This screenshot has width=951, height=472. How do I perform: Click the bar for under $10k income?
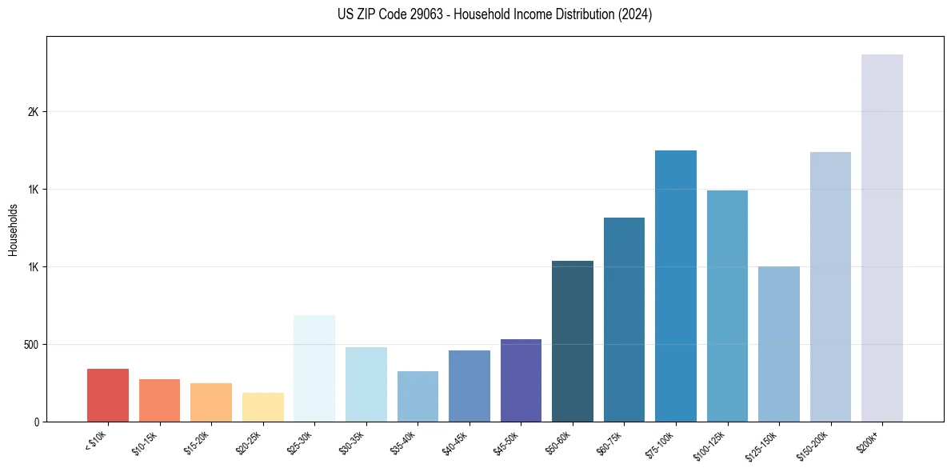108,395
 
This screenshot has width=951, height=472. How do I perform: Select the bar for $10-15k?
159,400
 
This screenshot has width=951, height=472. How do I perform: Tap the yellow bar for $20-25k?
262,407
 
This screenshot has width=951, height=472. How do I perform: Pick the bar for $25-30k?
314,368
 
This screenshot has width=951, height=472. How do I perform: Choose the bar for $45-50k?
521,380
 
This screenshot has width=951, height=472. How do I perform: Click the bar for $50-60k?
573,341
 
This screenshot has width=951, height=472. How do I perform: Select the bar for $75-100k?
676,286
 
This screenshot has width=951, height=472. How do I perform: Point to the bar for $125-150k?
779,344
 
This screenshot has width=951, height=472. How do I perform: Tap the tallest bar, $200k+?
882,238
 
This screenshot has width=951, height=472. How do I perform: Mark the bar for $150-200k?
830,286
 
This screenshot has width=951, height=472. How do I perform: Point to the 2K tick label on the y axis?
33,112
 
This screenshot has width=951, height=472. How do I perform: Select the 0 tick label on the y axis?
36,422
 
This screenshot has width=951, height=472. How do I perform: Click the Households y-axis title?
13,230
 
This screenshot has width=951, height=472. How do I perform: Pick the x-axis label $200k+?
869,442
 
